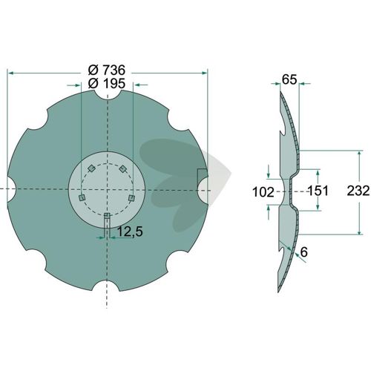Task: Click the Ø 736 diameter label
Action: tap(107, 70)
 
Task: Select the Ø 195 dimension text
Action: tap(107, 84)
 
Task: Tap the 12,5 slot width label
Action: tap(130, 232)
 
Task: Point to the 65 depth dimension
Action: tap(289, 79)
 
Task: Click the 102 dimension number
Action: tap(263, 192)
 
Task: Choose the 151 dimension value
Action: tap(318, 191)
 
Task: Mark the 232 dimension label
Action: tap(358, 191)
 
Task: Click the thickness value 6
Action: tap(303, 252)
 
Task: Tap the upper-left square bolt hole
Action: tap(91, 168)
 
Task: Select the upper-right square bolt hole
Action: tap(122, 169)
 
